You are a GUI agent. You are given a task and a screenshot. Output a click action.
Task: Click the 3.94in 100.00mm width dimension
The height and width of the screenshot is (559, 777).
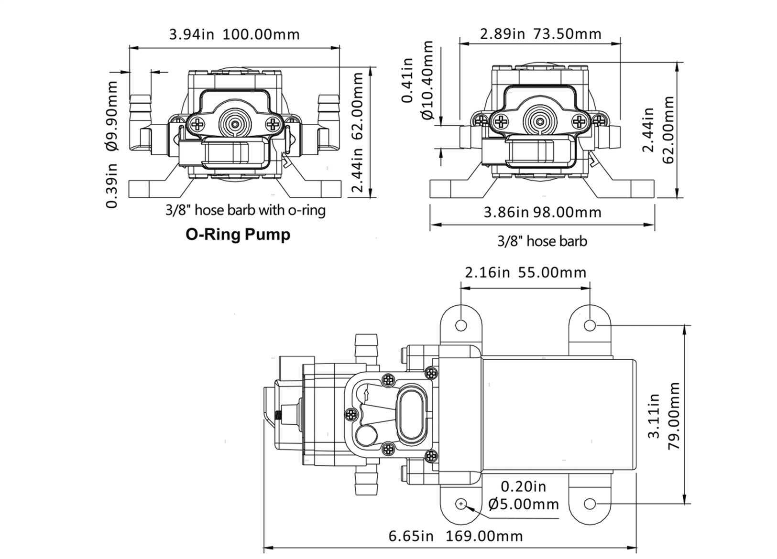click(x=234, y=34)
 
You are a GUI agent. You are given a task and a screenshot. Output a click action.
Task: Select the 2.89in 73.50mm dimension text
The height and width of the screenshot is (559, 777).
click(x=540, y=33)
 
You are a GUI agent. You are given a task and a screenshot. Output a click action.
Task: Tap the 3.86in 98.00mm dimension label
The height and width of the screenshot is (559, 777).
click(x=542, y=212)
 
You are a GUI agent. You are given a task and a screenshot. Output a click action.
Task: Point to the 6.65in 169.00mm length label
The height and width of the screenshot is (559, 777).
click(x=455, y=536)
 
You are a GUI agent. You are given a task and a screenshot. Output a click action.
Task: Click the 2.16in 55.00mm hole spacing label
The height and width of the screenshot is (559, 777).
click(x=525, y=272)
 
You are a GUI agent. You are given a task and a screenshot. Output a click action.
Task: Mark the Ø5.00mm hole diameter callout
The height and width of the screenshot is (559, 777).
click(x=524, y=504)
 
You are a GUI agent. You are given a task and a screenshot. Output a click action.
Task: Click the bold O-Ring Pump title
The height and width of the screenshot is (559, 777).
click(x=238, y=235)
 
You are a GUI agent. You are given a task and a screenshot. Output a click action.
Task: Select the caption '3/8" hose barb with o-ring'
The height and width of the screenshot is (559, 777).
click(x=245, y=210)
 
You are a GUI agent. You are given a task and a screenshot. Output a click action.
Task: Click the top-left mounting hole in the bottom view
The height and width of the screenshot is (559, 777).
click(x=460, y=325)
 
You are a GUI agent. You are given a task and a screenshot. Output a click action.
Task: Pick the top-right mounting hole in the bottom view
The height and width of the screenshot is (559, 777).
click(x=590, y=325)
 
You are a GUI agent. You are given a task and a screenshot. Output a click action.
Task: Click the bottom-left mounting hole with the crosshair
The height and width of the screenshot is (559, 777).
click(x=461, y=504)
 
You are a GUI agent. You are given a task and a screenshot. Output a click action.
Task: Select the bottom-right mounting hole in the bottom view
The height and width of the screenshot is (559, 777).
click(x=590, y=504)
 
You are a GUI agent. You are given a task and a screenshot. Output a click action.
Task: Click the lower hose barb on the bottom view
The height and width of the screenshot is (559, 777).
click(x=366, y=483)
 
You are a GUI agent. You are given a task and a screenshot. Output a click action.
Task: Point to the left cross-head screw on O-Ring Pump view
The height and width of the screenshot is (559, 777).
click(x=197, y=125)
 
